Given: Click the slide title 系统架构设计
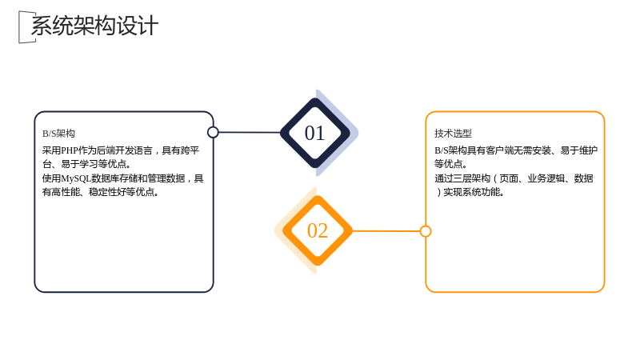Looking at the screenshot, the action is tap(94, 26).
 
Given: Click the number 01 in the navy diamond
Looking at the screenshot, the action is tap(314, 133).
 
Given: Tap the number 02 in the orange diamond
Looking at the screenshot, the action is tap(318, 230).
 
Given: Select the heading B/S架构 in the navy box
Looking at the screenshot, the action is tap(58, 134).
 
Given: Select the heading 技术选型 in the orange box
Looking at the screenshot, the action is tap(453, 134).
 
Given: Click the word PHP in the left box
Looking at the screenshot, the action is tap(70, 150).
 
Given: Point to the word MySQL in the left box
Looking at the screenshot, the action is tap(76, 178).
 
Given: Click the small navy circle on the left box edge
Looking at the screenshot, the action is tap(213, 132).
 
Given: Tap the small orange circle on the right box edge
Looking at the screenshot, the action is tap(426, 231).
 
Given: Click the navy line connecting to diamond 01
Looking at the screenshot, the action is tap(250, 132).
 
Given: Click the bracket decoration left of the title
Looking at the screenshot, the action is tap(25, 27).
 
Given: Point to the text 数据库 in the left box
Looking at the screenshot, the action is tap(106, 178).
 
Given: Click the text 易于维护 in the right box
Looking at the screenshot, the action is tap(578, 150).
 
